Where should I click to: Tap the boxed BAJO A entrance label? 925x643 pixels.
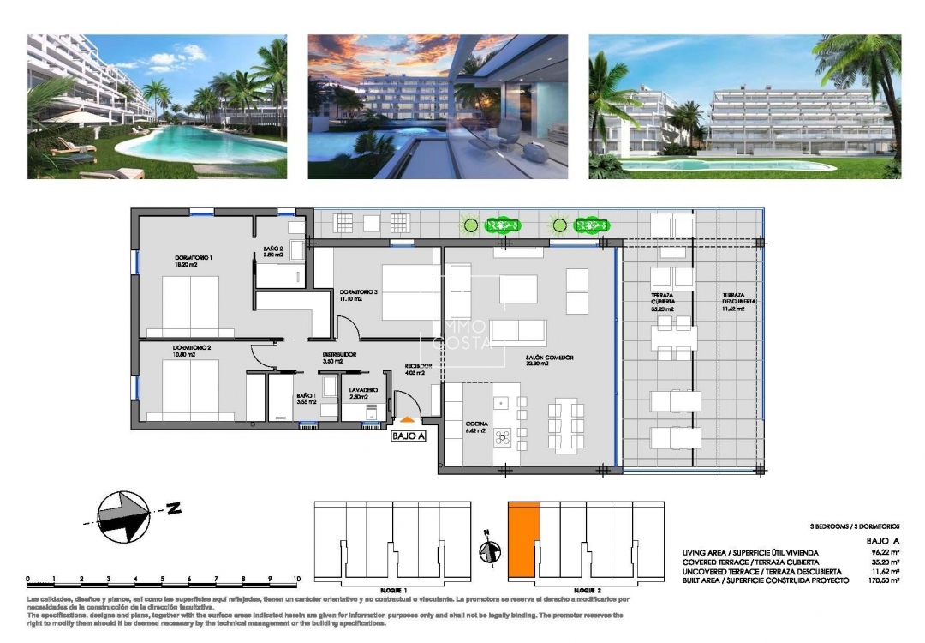point(409,436)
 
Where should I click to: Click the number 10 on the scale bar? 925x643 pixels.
point(295,579)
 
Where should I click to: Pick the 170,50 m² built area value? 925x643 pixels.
point(885,580)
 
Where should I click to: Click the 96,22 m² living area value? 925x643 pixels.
point(886,552)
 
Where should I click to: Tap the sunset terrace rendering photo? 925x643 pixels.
point(438,106)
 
